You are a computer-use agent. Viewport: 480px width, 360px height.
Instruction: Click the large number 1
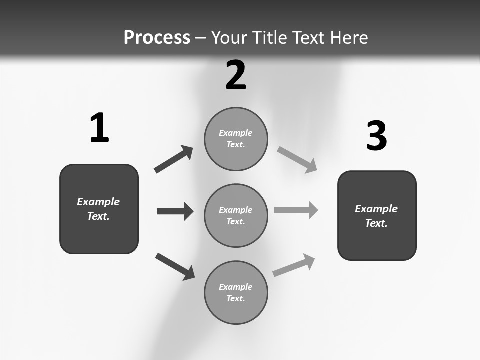click(99, 128)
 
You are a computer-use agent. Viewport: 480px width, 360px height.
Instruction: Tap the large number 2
click(236, 75)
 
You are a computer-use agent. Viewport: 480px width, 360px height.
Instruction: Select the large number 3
click(376, 136)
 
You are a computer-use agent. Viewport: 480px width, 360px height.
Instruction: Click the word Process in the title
click(157, 37)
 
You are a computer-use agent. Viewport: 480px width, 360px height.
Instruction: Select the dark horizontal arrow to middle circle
click(175, 211)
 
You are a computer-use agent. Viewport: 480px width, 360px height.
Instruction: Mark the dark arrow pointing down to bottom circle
click(175, 266)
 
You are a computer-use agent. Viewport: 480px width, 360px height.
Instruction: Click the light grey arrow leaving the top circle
click(297, 159)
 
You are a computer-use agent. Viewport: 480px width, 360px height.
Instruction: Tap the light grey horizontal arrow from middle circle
click(296, 210)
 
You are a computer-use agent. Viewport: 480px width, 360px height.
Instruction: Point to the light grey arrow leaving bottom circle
click(294, 265)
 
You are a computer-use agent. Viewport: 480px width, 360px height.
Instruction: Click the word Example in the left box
click(98, 202)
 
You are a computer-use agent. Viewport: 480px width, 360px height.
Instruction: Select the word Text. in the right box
click(376, 223)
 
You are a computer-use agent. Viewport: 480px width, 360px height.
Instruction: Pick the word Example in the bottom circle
click(236, 287)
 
